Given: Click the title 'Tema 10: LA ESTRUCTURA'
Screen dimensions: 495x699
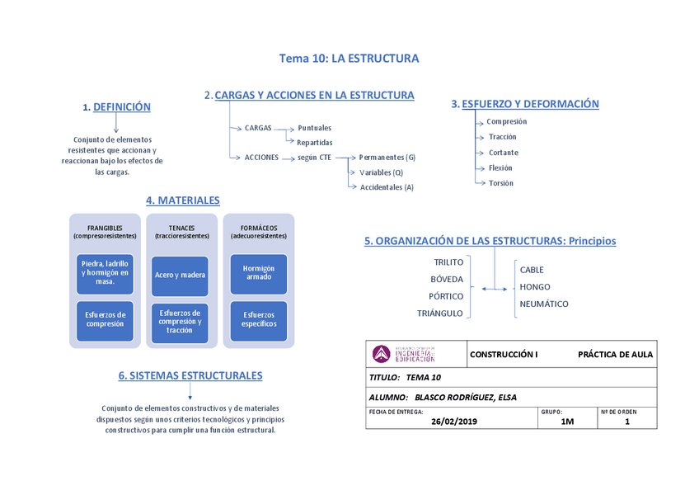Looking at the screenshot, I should (x=349, y=59).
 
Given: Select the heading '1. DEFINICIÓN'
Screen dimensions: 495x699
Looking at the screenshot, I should (x=117, y=107).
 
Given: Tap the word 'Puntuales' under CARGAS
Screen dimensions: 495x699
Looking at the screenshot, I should (x=314, y=128).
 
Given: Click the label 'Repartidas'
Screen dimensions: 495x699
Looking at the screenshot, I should (x=315, y=142).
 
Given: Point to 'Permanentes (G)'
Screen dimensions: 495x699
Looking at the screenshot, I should (x=387, y=157).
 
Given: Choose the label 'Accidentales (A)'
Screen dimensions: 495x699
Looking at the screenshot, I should (x=387, y=187).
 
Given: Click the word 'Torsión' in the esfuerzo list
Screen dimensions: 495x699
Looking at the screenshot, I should (x=500, y=183).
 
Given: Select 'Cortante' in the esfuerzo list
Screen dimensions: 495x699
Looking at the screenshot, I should (x=503, y=153).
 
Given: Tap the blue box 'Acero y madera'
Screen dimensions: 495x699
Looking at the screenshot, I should (x=180, y=275).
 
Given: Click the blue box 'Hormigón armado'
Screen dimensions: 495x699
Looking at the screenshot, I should (x=258, y=273).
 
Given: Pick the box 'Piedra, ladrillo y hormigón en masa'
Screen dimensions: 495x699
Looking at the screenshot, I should (x=105, y=273).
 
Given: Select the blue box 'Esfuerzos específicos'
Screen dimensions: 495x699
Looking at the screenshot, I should (x=258, y=319).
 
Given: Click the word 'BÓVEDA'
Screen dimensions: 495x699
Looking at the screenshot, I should (x=447, y=279).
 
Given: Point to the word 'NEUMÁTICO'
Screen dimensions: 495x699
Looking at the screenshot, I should (x=543, y=304).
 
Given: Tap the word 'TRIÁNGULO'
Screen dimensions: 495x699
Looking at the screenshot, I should (x=440, y=313).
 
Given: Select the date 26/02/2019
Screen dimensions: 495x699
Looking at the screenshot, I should (x=454, y=422).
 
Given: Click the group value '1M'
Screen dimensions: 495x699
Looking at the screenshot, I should (x=567, y=422).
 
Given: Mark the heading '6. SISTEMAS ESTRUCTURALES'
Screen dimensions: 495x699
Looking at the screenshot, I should (x=190, y=376).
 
